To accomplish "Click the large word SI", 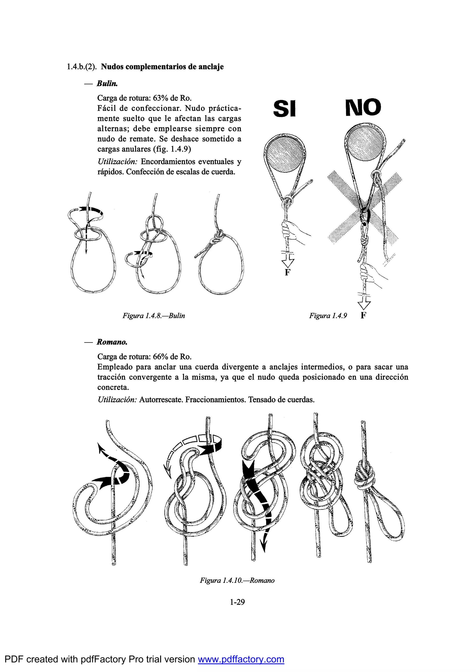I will tap(284, 109).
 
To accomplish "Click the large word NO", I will tap(363, 107).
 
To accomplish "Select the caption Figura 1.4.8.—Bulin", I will tap(154, 316).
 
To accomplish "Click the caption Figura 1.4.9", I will tap(328, 316).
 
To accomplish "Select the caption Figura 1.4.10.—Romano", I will tap(237, 580).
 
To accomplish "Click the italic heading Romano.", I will tap(112, 342).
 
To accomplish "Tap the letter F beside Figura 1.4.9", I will tap(364, 315).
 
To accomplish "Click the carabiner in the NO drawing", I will tap(365, 217).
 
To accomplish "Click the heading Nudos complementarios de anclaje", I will tap(162, 67).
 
